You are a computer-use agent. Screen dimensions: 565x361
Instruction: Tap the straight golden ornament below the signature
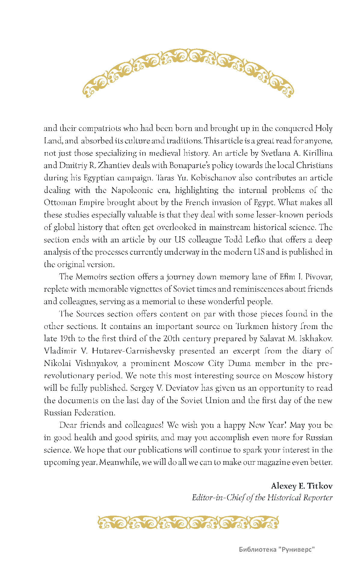pyautogui.click(x=188, y=523)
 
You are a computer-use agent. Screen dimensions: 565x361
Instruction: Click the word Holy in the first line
pyautogui.click(x=324, y=129)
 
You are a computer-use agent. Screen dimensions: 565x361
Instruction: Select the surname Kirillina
pyautogui.click(x=318, y=153)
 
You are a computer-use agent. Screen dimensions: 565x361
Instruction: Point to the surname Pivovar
pyautogui.click(x=319, y=277)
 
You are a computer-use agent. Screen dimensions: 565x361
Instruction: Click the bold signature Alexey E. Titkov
pyautogui.click(x=302, y=486)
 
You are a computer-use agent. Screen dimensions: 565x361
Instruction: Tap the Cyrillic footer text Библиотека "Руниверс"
pyautogui.click(x=276, y=549)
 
